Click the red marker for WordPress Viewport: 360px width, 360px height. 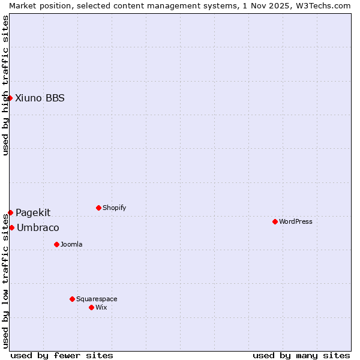pos(275,221)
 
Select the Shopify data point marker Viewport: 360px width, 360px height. pos(98,208)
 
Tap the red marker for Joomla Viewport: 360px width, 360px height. pos(56,244)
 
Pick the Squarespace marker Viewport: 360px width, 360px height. pos(72,299)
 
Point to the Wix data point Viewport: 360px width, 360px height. pos(91,307)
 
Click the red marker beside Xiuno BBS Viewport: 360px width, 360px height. pos(10,98)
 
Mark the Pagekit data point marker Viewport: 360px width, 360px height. pos(10,212)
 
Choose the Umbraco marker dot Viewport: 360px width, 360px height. pos(11,227)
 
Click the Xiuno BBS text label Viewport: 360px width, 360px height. pos(40,98)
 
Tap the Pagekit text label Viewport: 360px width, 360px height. pos(33,212)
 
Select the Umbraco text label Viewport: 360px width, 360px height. pos(38,228)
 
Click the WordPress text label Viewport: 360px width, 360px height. pos(296,221)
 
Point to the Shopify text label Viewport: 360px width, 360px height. pos(114,208)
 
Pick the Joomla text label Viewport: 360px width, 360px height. pos(71,244)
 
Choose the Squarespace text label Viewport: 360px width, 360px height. pos(97,299)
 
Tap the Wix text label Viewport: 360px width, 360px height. pos(101,307)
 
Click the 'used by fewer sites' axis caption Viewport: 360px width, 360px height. pos(62,355)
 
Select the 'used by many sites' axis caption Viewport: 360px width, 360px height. pos(301,355)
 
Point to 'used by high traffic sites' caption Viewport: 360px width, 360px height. pos(5,85)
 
